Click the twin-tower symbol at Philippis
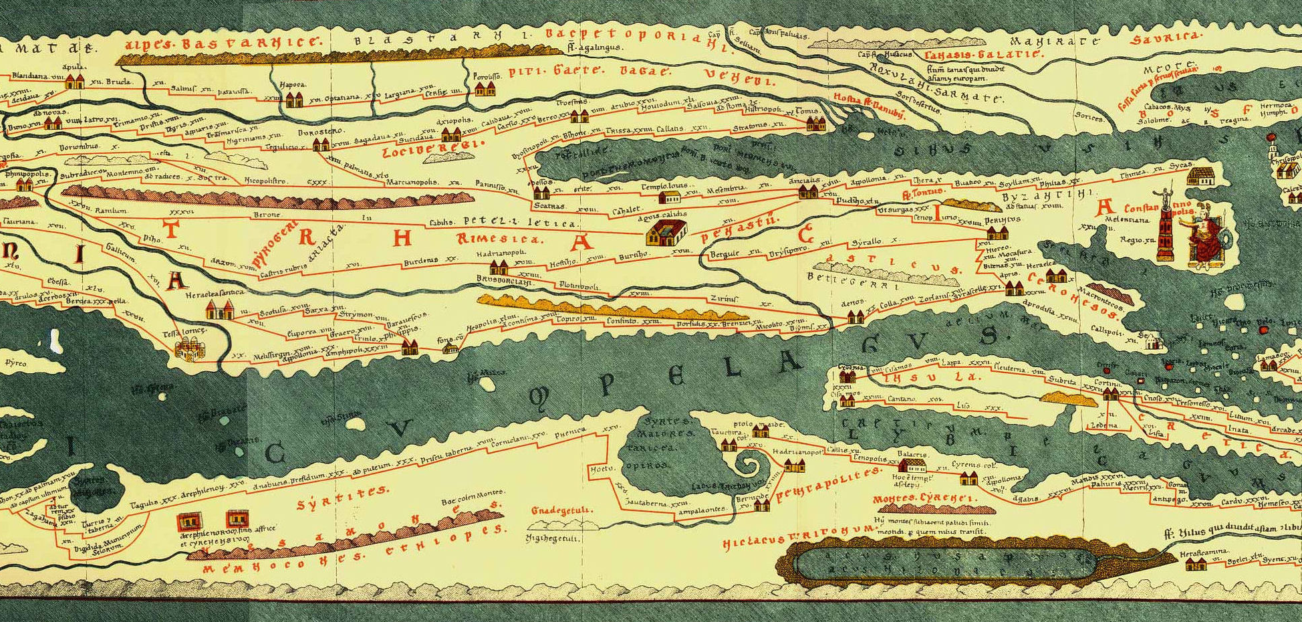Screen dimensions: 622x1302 point(410,346)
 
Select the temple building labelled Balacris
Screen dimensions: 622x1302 point(913,463)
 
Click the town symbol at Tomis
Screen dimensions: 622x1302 point(815,123)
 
